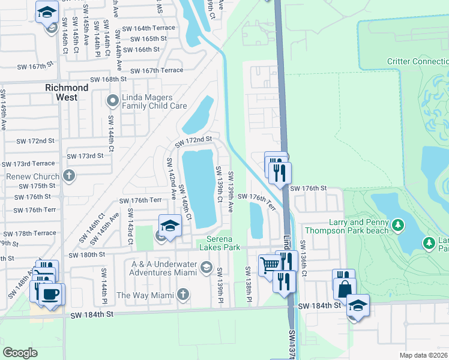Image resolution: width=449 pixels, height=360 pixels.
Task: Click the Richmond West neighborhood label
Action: tap(67, 92)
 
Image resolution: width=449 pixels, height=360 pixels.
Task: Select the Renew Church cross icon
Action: tap(70, 176)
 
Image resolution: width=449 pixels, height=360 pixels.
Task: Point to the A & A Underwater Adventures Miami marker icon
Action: tap(206, 267)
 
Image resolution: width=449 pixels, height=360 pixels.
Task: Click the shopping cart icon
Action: tap(270, 263)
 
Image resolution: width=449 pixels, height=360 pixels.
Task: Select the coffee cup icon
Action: tap(51, 294)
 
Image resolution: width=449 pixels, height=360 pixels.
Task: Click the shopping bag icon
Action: tap(345, 288)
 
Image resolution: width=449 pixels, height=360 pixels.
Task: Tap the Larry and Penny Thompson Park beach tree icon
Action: tap(397, 226)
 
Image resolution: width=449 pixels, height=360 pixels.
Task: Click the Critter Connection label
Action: tap(418, 61)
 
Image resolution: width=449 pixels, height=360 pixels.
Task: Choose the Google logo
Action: tap(20, 353)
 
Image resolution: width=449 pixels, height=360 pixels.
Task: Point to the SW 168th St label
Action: tap(108, 79)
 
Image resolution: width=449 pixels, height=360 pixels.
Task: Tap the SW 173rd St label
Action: tap(85, 155)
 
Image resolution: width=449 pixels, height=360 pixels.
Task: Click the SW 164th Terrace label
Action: tap(149, 28)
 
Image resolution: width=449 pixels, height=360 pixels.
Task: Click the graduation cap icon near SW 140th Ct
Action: tap(170, 226)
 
